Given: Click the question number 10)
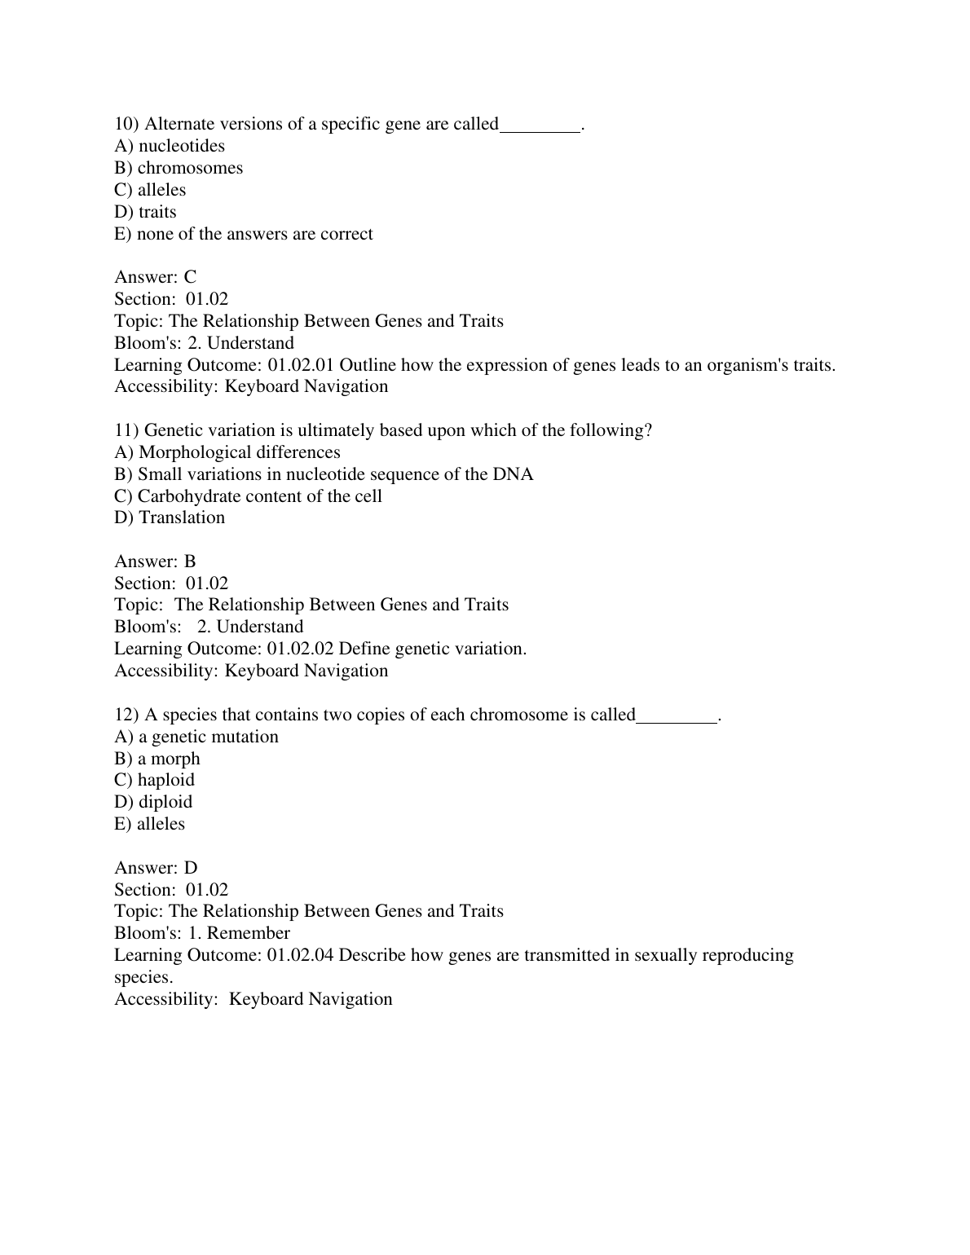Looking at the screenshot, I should point(127,124).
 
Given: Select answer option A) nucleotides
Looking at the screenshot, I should point(170,146).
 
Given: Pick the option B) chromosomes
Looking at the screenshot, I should point(179,168).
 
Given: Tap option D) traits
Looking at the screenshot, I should point(145,212).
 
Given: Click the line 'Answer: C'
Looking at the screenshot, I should point(155,277).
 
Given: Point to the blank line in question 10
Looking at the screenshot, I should point(540,125).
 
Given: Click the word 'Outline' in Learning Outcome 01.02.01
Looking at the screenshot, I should point(367,365).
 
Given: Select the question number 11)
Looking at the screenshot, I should point(127,430).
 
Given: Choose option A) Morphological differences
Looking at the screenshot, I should point(227,452).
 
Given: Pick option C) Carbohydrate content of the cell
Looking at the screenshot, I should point(248,496).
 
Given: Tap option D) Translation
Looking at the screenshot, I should point(170,517).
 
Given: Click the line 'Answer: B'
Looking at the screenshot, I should point(155,561).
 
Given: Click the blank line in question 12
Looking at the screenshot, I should point(677,716).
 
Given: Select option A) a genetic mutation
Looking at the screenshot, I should point(196,737).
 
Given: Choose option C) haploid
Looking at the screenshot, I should point(155,780).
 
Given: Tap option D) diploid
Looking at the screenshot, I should point(153,802).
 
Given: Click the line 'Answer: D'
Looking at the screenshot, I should point(156,868).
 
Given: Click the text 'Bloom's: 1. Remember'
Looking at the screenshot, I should point(202,933).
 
